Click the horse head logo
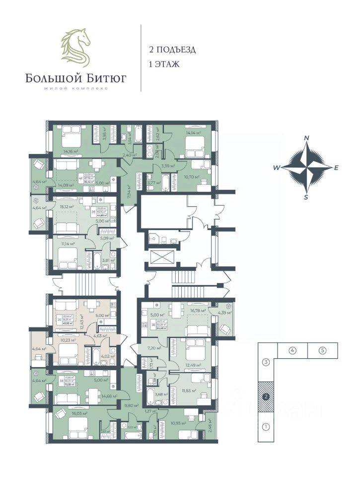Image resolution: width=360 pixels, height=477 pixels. tap(76, 48)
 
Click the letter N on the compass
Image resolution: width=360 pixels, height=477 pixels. tap(307, 138)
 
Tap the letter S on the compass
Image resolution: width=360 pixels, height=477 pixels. tap(306, 197)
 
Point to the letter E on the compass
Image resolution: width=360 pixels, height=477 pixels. tap(336, 168)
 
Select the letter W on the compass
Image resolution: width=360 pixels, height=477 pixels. tap(276, 168)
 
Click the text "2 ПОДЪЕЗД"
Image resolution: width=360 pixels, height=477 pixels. tap(172, 50)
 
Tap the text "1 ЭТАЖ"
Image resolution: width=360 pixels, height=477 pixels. tap(163, 64)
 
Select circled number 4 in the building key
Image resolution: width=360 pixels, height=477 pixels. tap(292, 350)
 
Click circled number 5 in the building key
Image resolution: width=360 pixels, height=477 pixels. tap(322, 350)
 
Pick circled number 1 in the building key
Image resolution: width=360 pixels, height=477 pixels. tap(266, 426)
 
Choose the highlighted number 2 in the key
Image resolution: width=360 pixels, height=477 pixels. tap(266, 397)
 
